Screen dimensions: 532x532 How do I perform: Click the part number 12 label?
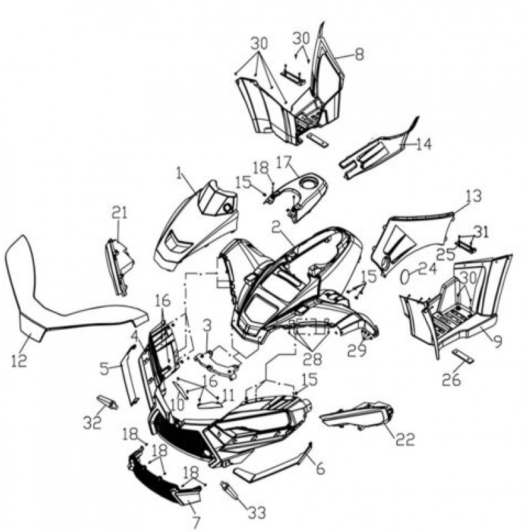pos(19,360)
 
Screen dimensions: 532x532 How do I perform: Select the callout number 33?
pos(257,512)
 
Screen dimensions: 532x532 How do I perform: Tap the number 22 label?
pos(405,440)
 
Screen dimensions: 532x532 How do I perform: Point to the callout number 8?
pos(359,54)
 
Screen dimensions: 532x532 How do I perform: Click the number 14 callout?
pos(424,144)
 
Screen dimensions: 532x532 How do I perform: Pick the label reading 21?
pos(120,213)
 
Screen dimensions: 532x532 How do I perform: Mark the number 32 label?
pos(92,422)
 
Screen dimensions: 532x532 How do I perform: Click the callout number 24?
pos(427,270)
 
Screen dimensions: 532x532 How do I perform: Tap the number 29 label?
pos(357,350)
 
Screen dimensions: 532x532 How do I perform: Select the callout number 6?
pos(321,468)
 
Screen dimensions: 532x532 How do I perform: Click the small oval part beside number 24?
pos(405,277)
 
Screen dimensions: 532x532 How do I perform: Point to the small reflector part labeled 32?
pos(108,402)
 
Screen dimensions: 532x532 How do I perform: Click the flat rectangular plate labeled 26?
pos(463,356)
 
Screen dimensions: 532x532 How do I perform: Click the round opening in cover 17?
pos(309,184)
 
